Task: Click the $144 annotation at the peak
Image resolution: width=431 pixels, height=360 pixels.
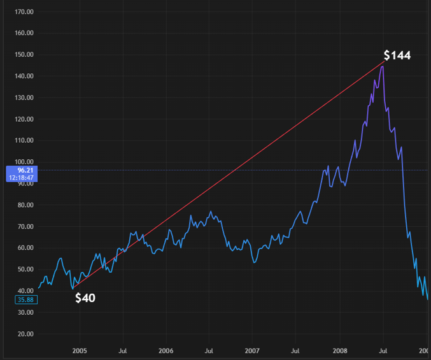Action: (397, 55)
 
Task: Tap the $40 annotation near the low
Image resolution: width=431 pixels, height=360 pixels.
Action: (85, 298)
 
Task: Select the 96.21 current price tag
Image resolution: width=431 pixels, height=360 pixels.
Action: (21, 170)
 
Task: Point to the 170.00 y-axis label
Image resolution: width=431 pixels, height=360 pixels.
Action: (24, 12)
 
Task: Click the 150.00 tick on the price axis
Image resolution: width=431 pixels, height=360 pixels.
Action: (24, 55)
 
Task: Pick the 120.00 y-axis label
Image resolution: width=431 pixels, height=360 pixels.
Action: (24, 119)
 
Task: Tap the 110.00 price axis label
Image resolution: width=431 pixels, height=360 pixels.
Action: (24, 140)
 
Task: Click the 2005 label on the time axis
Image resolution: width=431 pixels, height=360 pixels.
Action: (80, 351)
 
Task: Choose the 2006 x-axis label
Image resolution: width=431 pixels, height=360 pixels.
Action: (166, 351)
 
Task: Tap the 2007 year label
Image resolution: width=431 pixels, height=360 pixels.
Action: (252, 351)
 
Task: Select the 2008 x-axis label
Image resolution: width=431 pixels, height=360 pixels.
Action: (339, 351)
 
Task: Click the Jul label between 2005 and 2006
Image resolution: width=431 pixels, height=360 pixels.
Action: (123, 351)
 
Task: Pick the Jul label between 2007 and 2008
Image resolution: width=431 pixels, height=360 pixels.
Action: (295, 351)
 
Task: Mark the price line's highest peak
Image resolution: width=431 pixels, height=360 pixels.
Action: (382, 66)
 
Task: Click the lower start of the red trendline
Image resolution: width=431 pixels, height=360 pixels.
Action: (73, 289)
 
